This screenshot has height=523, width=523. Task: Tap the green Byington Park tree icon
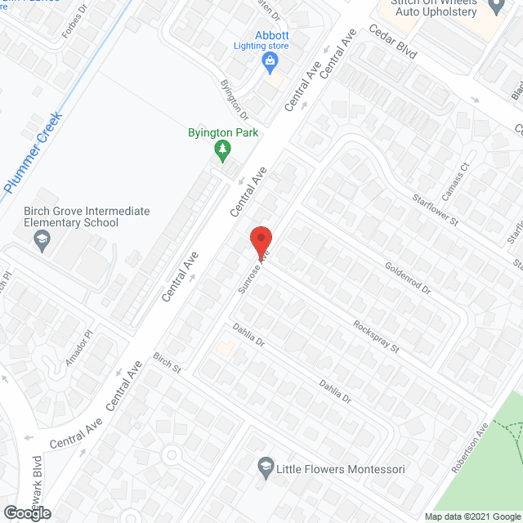click(221, 149)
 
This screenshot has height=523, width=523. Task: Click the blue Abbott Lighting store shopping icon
click(269, 62)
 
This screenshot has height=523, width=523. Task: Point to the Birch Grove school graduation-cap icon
click(39, 239)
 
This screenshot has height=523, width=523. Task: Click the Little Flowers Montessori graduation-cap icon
click(265, 468)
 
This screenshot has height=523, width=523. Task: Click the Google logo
click(26, 513)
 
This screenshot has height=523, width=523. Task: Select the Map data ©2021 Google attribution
click(472, 516)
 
